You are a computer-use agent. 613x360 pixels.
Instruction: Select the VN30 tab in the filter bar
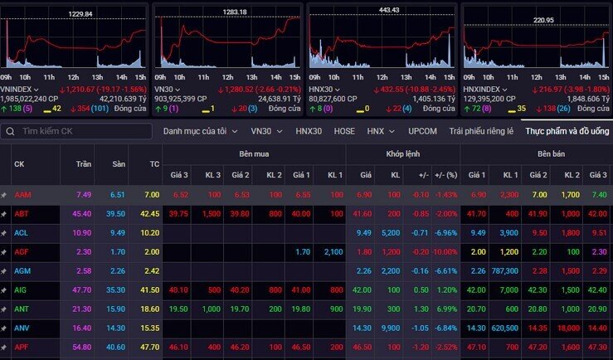pos(261,131)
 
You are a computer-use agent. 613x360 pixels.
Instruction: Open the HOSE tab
pos(344,131)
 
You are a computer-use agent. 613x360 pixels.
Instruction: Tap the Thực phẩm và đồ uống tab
pos(567,131)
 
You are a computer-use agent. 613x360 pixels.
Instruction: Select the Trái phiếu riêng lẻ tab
pos(481,131)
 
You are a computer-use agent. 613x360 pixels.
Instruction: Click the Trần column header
pos(83,163)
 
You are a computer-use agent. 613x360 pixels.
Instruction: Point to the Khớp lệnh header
pos(405,154)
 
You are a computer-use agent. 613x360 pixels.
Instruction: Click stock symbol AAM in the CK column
pos(22,194)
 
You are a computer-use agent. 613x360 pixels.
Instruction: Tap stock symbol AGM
pos(22,270)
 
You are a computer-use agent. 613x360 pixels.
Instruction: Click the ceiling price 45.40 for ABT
pos(82,213)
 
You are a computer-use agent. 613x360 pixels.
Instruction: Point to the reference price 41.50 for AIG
pos(149,289)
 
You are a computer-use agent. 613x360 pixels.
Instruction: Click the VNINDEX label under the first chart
pos(18,89)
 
